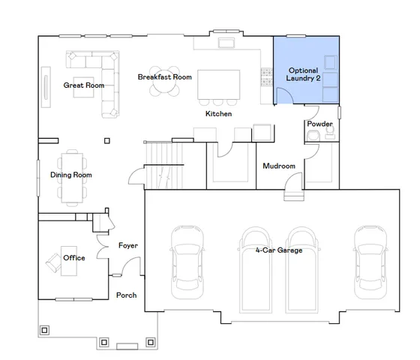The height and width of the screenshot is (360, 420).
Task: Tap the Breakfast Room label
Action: click(x=165, y=77)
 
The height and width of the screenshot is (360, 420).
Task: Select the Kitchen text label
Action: click(x=218, y=114)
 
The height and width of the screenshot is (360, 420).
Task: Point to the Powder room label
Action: click(x=319, y=124)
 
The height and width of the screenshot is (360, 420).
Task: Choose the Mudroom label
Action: click(x=278, y=166)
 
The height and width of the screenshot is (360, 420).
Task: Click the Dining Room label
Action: click(x=70, y=175)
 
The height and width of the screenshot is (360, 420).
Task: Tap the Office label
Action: click(x=74, y=257)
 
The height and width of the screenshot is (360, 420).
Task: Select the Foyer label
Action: click(x=128, y=246)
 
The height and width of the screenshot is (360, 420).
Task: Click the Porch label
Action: click(x=126, y=295)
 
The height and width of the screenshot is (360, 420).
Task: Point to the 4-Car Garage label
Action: click(x=278, y=250)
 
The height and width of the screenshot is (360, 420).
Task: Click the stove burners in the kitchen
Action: click(x=264, y=75)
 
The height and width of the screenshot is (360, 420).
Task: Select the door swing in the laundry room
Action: click(x=283, y=96)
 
